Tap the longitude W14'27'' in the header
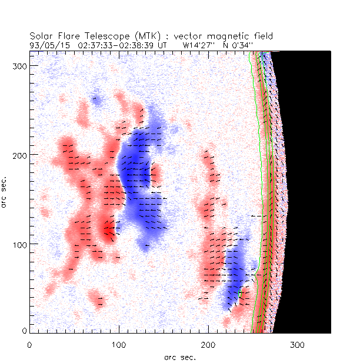point(202,44)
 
